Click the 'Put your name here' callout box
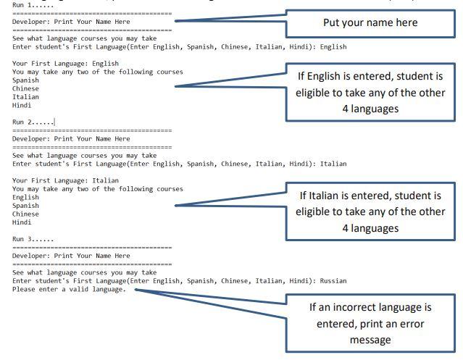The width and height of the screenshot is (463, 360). pyautogui.click(x=370, y=22)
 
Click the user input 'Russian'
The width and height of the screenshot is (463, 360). pyautogui.click(x=333, y=280)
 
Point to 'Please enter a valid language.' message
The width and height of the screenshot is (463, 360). pyautogui.click(x=69, y=289)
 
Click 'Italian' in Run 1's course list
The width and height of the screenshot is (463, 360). pyautogui.click(x=26, y=96)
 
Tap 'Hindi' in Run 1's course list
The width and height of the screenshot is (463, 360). pyautogui.click(x=22, y=105)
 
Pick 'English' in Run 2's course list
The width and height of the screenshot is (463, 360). pyautogui.click(x=26, y=197)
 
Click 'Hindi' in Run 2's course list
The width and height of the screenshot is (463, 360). pyautogui.click(x=22, y=222)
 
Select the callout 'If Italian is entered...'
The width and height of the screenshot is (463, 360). pyautogui.click(x=370, y=212)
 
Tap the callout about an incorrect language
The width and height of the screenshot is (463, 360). pyautogui.click(x=370, y=323)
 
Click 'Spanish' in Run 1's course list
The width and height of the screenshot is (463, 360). pyautogui.click(x=26, y=80)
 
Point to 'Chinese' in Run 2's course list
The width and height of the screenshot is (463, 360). pyautogui.click(x=26, y=214)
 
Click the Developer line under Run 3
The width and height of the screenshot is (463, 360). pyautogui.click(x=71, y=256)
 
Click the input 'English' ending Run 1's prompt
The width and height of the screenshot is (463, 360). pyautogui.click(x=333, y=46)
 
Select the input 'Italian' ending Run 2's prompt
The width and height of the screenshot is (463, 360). pyautogui.click(x=333, y=164)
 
